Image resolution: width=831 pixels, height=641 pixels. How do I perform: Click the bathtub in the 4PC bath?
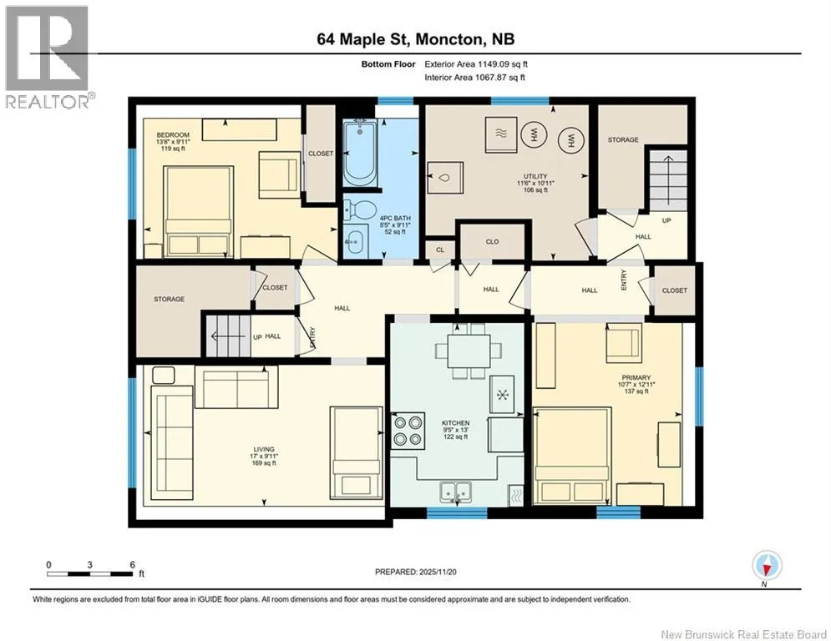tap(360, 153)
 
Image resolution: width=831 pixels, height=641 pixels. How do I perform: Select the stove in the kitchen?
tap(408, 431)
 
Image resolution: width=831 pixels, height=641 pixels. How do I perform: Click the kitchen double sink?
tap(455, 492)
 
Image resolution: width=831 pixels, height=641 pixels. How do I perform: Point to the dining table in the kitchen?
tap(468, 351)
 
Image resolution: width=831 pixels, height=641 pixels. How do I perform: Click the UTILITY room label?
tap(535, 176)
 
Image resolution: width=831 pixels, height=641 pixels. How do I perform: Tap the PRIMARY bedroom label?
tap(636, 378)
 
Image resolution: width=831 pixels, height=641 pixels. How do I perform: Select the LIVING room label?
tap(264, 449)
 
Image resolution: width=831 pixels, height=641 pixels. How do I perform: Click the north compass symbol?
tap(766, 566)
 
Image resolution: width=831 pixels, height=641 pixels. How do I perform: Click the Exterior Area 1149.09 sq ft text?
tap(476, 64)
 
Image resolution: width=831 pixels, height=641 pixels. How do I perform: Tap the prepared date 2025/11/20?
tap(438, 572)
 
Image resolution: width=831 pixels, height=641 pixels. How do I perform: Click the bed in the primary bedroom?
tap(572, 456)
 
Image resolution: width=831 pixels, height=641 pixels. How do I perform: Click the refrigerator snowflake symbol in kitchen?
tap(502, 395)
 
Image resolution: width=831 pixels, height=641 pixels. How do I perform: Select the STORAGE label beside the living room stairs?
tap(169, 299)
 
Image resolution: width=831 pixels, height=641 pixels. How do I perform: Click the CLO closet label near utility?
tap(493, 241)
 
